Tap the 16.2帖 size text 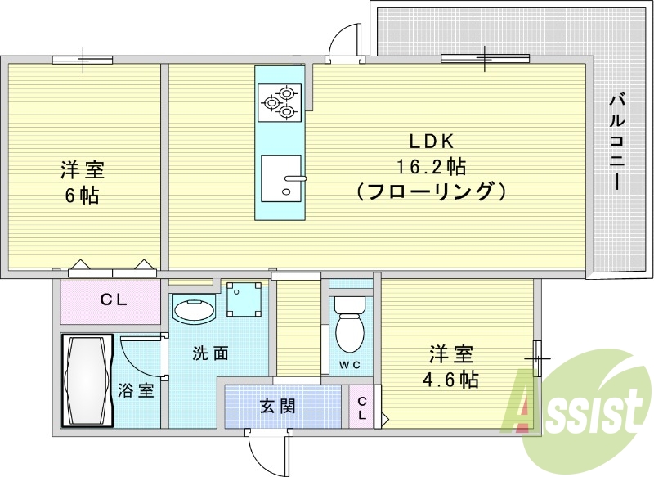431,167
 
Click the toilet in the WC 351,327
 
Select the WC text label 350,365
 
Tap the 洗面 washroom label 210,353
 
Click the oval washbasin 194,312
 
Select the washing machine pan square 244,300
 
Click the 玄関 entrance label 277,405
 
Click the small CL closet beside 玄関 361,407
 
